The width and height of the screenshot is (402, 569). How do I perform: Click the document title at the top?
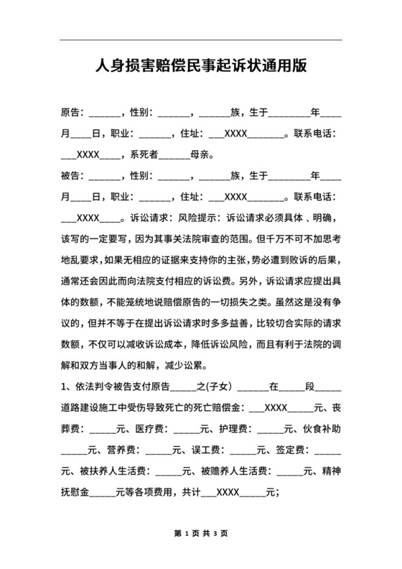201,66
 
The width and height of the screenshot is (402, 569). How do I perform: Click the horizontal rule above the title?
201,40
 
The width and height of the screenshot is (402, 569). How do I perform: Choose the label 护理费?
234,430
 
